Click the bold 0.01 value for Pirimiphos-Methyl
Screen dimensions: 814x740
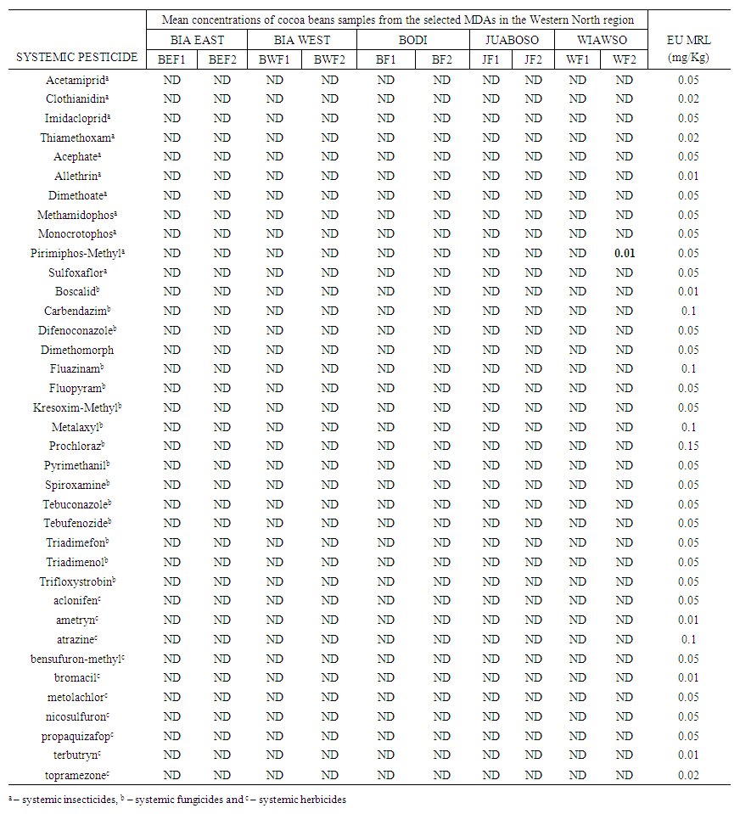(x=625, y=253)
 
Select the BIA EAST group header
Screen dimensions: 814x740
(x=197, y=40)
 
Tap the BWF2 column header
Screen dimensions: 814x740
(x=329, y=59)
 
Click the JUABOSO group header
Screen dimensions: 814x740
(x=512, y=40)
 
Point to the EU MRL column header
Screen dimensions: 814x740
(x=688, y=48)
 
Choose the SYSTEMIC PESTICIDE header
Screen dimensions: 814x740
(x=77, y=57)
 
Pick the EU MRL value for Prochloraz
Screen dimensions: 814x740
(x=688, y=446)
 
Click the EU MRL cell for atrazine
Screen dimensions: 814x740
(x=688, y=639)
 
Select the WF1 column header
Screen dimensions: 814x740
(x=577, y=59)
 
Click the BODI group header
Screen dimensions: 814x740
(x=413, y=40)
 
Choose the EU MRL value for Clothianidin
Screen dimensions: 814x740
(x=688, y=98)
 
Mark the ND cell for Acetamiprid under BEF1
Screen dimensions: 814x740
(x=172, y=80)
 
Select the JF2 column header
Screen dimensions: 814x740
(x=533, y=59)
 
